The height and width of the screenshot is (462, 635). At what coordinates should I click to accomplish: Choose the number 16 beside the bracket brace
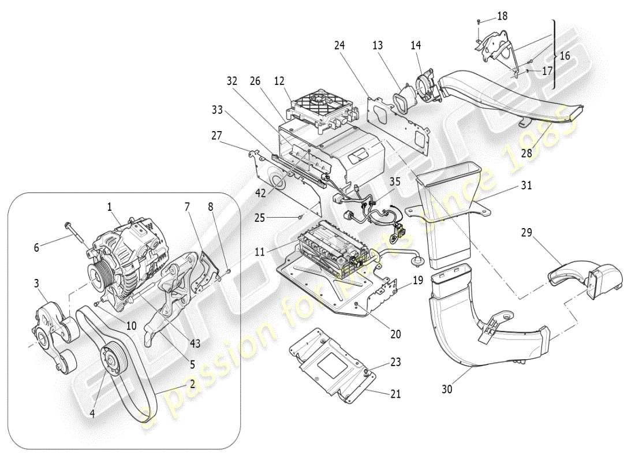tap(564, 56)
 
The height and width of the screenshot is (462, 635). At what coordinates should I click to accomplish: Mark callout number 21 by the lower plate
tap(395, 394)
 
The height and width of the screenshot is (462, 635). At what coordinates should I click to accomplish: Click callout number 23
tap(395, 363)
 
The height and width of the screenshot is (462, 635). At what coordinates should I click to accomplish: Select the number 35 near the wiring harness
tap(395, 181)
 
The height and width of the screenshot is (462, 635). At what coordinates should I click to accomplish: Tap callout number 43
tap(195, 343)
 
